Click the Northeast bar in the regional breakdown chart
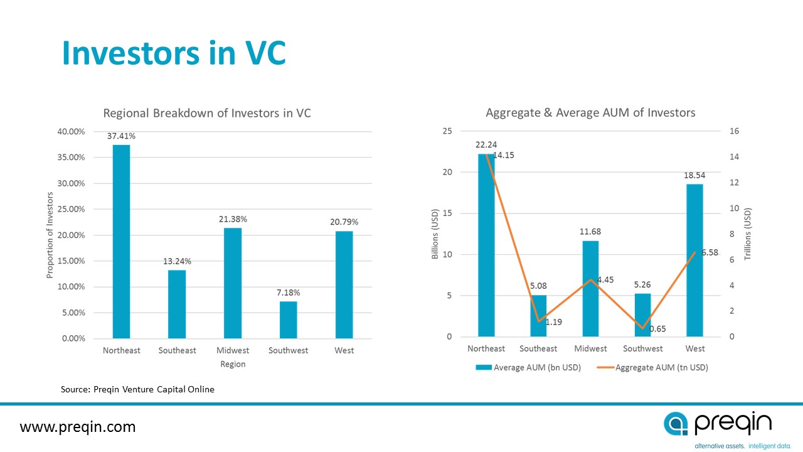pos(121,242)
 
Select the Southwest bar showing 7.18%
pos(289,320)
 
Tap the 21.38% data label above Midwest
pos(233,219)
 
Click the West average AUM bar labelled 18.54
pos(694,261)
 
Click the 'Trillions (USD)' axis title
pos(747,234)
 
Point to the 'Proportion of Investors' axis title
pos(50,234)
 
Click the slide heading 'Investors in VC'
pos(174,54)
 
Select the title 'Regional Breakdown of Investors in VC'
pos(207,114)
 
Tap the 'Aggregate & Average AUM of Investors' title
pos(590,113)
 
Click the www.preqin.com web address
pos(78,428)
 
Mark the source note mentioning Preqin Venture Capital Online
pos(137,389)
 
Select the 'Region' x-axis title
pos(233,364)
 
